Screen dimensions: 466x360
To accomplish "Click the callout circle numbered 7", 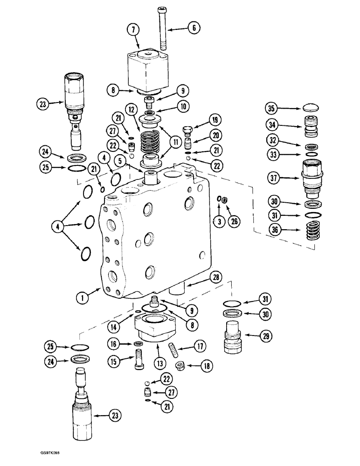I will tap(133, 30).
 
